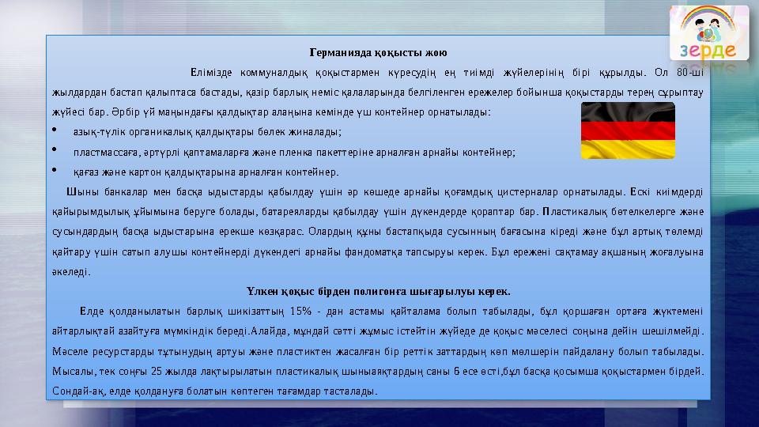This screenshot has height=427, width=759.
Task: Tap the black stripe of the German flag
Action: [629, 111]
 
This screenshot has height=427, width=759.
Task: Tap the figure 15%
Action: [300, 309]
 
